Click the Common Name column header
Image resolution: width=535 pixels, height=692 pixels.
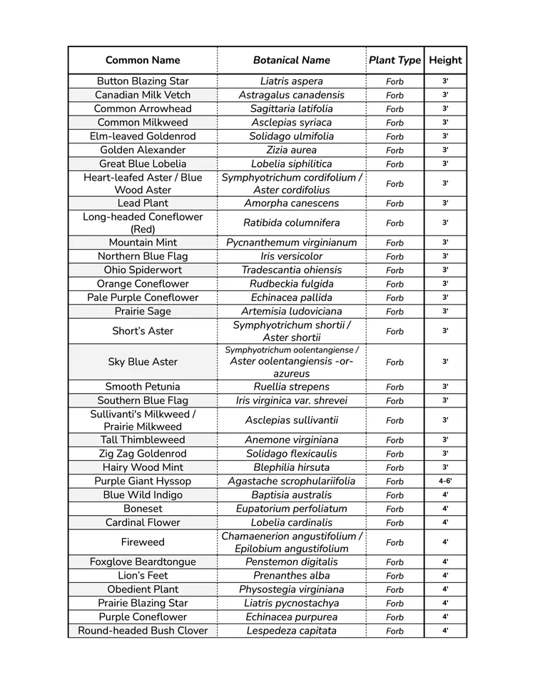click(143, 60)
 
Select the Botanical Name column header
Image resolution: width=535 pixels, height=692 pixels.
click(291, 60)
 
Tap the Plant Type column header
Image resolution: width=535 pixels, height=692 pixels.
click(394, 60)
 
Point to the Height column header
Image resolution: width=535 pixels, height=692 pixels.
click(445, 60)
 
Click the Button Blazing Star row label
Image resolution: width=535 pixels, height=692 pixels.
click(143, 81)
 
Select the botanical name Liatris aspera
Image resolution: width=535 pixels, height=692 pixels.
click(291, 81)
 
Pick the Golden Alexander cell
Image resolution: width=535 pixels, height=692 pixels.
click(143, 150)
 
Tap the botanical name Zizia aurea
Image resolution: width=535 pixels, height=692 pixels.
click(291, 150)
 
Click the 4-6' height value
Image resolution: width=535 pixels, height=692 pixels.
click(445, 482)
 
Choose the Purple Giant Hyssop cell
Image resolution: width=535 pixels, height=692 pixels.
click(143, 482)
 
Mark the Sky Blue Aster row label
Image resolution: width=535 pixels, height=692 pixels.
click(143, 362)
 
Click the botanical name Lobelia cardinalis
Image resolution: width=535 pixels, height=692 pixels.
click(291, 522)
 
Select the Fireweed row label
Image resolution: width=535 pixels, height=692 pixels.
click(143, 542)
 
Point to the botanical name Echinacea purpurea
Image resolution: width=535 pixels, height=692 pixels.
click(291, 617)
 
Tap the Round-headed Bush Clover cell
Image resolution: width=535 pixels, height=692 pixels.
click(143, 631)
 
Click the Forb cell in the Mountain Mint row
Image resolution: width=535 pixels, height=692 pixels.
click(394, 243)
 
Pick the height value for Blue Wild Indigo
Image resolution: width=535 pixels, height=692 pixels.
click(445, 495)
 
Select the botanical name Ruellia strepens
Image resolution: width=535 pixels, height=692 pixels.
click(291, 387)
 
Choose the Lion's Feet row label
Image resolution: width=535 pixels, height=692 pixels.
click(143, 576)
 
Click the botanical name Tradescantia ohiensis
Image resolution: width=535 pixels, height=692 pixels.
click(291, 270)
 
